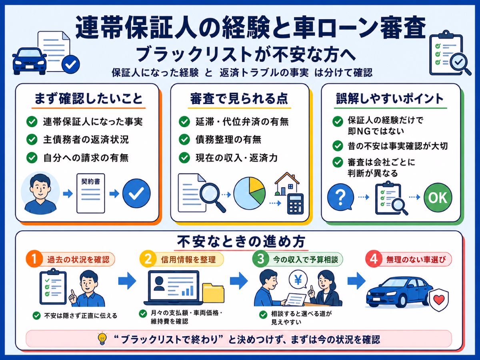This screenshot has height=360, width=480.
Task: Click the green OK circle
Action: point(438,197)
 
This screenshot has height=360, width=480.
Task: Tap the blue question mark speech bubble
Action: point(340,197)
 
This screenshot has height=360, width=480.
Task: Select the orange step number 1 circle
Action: point(34,259)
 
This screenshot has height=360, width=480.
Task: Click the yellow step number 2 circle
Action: point(148,259)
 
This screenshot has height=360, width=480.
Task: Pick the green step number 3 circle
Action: point(260,259)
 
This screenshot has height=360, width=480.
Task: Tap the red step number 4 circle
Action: point(374,259)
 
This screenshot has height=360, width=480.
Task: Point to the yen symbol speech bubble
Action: point(298,280)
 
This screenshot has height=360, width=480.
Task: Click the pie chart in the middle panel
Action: point(249,193)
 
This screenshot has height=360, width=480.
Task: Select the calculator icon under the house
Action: point(295,204)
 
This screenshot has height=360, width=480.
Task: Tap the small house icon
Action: point(287,184)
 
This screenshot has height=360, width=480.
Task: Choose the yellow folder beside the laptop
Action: point(214,293)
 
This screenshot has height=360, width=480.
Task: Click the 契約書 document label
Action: point(90,181)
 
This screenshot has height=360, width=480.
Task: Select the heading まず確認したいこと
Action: point(88,98)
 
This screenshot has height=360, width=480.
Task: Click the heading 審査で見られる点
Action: point(239,98)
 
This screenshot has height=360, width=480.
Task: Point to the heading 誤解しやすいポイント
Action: point(390,98)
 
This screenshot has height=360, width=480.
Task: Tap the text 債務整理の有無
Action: point(228,140)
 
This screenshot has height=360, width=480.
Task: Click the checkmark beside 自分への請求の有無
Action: point(32,158)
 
